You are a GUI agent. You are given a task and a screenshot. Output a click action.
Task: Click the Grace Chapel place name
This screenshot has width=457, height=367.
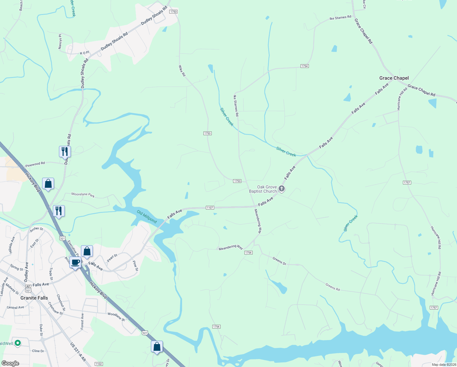(x=394, y=78)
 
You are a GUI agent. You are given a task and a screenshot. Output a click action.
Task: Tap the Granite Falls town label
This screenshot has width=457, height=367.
(x=34, y=298)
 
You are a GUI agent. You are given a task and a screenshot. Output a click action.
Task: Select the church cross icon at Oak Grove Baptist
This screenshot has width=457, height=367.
(x=282, y=189)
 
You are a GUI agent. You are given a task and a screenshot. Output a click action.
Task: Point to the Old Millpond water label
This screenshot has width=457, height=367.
(x=147, y=217)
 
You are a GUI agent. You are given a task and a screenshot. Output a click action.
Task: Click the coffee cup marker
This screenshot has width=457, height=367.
(x=75, y=262)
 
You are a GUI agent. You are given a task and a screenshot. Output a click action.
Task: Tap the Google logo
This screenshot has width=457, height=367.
(x=10, y=363)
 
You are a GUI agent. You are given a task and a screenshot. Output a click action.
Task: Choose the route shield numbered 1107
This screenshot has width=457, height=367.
(x=210, y=208)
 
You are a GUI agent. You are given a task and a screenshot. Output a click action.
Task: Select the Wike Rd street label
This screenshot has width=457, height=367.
(x=182, y=71)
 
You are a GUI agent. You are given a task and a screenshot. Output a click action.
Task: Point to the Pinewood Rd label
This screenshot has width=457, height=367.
(x=35, y=165)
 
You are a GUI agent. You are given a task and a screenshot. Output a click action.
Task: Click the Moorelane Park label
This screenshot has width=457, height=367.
(x=83, y=195)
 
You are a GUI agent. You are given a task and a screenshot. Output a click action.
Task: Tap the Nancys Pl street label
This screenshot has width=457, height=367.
(x=60, y=42)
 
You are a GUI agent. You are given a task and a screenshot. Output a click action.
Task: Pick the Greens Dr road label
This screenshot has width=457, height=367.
(x=279, y=261)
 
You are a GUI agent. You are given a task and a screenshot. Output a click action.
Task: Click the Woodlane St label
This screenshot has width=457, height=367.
(x=116, y=317)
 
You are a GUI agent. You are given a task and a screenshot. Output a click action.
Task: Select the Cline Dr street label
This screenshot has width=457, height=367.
(x=38, y=351)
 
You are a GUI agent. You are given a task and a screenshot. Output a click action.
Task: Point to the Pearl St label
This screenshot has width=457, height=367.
(x=112, y=258)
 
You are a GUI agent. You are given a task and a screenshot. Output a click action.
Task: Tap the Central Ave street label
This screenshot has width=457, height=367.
(x=15, y=307)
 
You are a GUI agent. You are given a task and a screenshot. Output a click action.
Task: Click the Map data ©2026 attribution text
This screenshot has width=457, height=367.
(x=444, y=365)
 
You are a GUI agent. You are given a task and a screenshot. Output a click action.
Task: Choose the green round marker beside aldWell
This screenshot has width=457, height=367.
(x=18, y=343)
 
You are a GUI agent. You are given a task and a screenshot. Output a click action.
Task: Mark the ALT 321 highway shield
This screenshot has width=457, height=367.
(x=28, y=288)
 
